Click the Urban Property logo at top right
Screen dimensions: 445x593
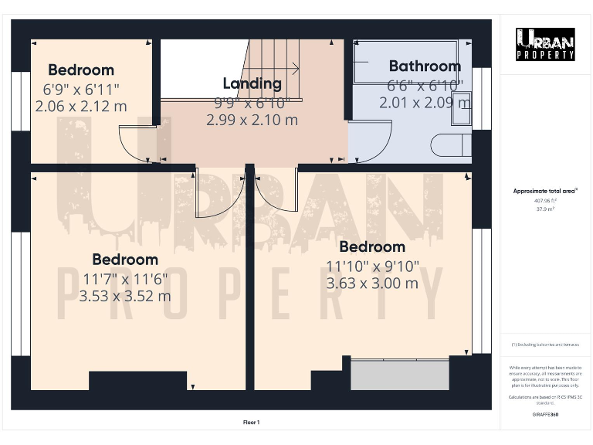pos(545,44)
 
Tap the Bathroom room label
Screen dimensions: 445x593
pos(425,66)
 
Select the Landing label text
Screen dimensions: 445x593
pos(252,83)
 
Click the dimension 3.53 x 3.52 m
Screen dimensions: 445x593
pos(125,295)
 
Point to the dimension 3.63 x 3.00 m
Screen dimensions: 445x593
pos(372,283)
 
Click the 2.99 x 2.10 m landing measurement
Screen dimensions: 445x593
pos(252,120)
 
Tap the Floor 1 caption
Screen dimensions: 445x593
pos(252,422)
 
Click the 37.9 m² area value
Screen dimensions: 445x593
pos(545,208)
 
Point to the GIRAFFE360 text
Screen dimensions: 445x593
pos(545,416)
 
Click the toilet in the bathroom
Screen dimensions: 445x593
pos(449,145)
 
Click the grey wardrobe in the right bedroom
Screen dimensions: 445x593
pos(399,375)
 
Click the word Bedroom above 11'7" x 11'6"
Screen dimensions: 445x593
pos(125,260)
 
